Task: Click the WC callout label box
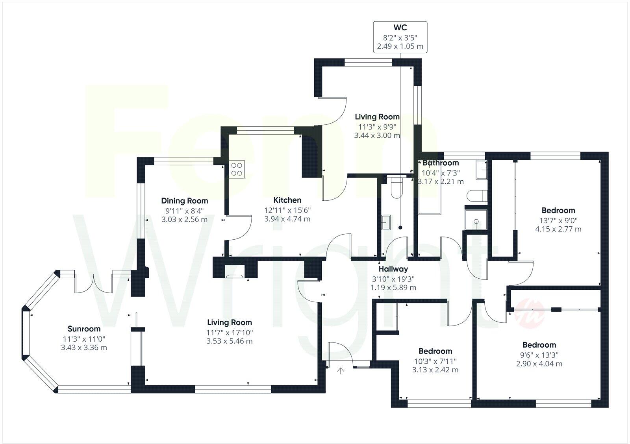(x=400, y=37)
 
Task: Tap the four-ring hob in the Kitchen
(x=237, y=169)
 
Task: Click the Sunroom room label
(x=84, y=329)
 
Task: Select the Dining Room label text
(x=184, y=201)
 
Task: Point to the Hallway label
(x=393, y=269)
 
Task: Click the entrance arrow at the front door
(x=341, y=371)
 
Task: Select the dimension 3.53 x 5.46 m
(x=230, y=341)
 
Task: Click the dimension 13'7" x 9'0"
(x=558, y=220)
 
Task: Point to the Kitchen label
(x=287, y=200)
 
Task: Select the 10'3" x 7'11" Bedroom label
(x=435, y=351)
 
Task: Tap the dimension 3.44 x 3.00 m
(x=377, y=135)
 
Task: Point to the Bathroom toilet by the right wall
(x=478, y=196)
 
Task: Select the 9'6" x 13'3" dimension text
(x=539, y=354)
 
